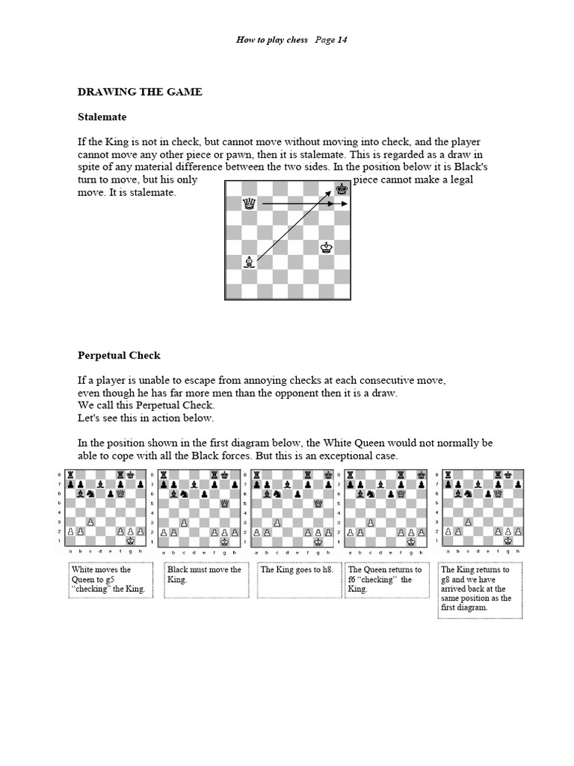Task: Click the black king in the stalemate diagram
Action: (x=342, y=190)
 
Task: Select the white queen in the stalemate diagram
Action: (x=248, y=203)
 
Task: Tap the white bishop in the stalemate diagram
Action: (x=248, y=262)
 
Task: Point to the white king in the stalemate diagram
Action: (x=326, y=248)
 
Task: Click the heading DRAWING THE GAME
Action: (x=140, y=92)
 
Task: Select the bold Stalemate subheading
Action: (x=102, y=117)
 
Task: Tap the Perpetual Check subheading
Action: (x=119, y=355)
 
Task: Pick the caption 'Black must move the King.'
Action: (x=204, y=574)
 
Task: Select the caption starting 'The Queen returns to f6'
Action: (x=384, y=579)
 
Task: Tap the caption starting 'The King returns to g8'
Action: (x=479, y=589)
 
